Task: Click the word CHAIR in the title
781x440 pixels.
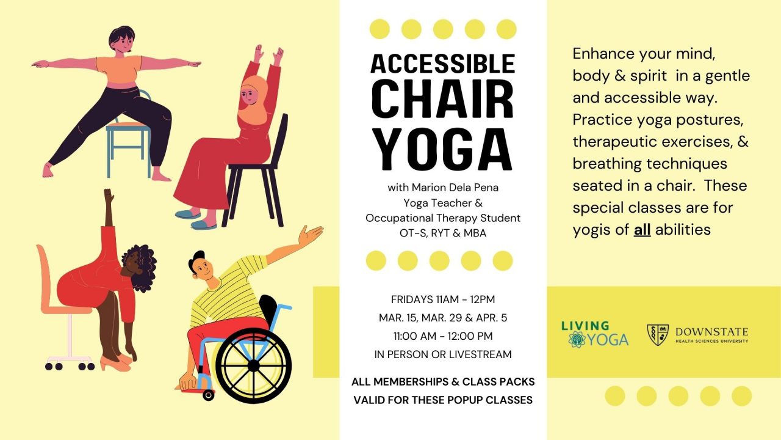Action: [x=442, y=100]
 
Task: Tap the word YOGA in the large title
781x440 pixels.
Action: [x=442, y=149]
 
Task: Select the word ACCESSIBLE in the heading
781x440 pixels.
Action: [x=442, y=64]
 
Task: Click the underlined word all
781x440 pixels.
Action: [x=642, y=230]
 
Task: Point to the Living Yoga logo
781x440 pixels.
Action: [x=594, y=334]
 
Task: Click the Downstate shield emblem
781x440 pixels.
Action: [x=658, y=335]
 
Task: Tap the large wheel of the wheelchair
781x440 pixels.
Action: [x=253, y=365]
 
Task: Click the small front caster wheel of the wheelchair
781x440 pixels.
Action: [x=209, y=395]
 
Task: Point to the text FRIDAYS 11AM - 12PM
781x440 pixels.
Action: [x=442, y=299]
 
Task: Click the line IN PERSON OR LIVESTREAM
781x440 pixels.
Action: [x=442, y=354]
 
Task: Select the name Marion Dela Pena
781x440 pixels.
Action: [x=442, y=187]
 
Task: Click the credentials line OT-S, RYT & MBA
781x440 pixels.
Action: [x=442, y=233]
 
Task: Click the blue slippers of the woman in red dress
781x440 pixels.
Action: [x=195, y=219]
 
